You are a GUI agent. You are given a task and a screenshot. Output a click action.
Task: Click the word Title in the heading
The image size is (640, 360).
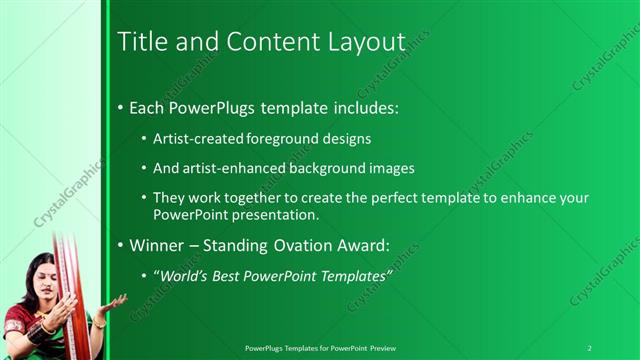139,42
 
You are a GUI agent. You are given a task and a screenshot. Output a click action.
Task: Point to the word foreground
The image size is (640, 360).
278,139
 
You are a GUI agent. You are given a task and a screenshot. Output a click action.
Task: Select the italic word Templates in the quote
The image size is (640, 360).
354,274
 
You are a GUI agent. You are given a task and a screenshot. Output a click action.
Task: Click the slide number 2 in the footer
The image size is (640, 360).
589,348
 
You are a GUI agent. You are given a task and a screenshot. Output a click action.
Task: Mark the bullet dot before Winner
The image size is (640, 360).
121,243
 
